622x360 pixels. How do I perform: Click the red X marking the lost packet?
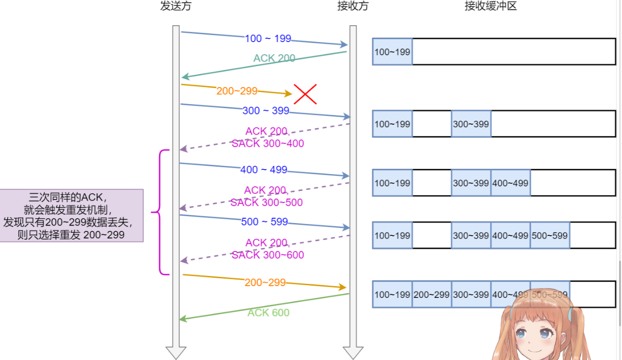(x=305, y=94)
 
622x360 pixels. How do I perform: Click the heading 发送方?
(x=173, y=6)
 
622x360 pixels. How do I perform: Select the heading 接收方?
(x=353, y=6)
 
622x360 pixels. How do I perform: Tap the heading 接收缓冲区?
(x=490, y=6)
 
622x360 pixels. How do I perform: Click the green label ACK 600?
(x=268, y=313)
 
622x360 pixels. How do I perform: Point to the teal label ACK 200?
(x=274, y=58)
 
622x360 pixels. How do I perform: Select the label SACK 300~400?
(x=267, y=144)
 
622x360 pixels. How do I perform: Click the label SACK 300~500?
(x=267, y=202)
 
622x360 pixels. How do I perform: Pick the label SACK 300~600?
(x=267, y=255)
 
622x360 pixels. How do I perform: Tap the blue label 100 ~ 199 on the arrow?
(x=267, y=39)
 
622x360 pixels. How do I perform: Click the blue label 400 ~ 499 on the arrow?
(x=264, y=170)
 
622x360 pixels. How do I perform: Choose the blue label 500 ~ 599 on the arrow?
(x=265, y=222)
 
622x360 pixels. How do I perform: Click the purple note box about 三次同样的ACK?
(x=72, y=216)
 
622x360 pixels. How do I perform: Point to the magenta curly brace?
(x=160, y=212)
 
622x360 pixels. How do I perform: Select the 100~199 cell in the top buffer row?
(x=392, y=52)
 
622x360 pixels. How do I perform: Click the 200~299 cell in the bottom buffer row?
(x=431, y=294)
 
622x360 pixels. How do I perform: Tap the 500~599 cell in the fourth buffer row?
(x=550, y=235)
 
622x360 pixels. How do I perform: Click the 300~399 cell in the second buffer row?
(x=471, y=124)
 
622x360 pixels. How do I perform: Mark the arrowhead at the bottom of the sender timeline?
(x=176, y=353)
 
